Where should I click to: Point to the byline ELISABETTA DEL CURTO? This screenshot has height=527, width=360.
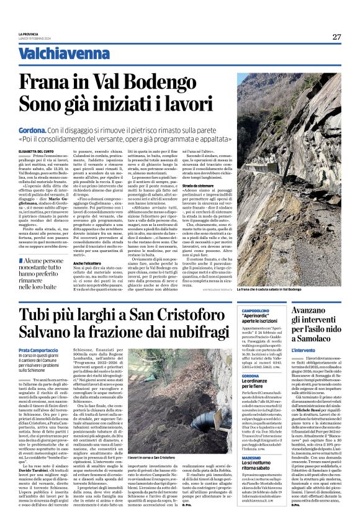click(38, 151)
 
